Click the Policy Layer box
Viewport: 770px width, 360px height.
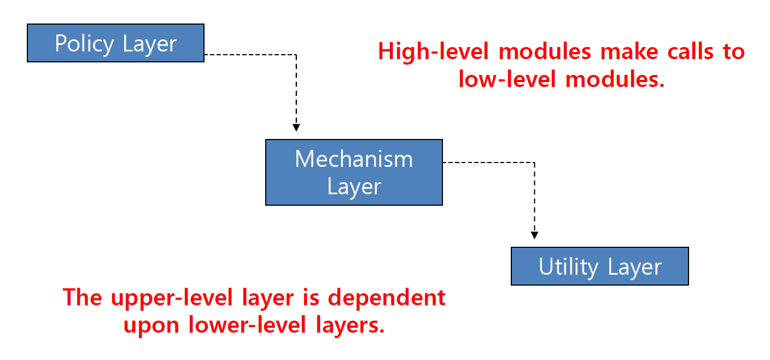115,43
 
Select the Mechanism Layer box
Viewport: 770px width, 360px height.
354,172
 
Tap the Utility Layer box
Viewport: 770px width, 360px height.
599,266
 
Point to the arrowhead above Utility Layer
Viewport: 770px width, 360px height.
534,235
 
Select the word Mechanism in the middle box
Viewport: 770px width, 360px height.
354,159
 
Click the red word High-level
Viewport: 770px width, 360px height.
435,52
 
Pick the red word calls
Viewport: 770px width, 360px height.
665,52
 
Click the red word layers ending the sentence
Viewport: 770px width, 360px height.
351,326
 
